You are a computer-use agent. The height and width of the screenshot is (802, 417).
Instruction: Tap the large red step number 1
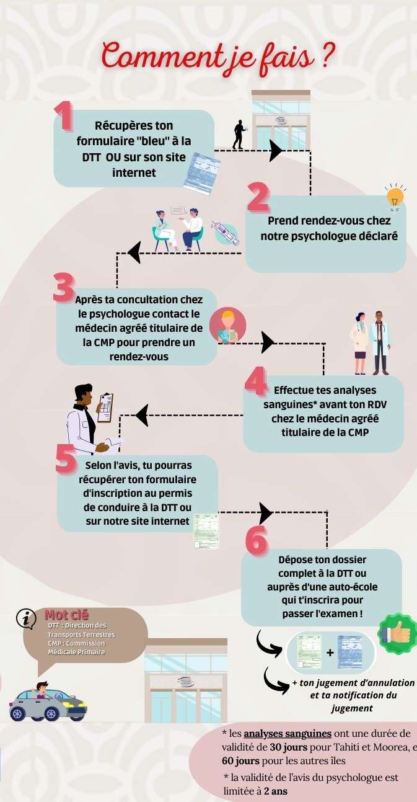[64, 116]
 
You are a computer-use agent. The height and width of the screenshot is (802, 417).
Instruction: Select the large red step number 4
[256, 381]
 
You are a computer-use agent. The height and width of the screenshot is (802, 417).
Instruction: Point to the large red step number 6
[256, 540]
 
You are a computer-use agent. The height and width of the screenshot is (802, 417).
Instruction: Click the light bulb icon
[395, 198]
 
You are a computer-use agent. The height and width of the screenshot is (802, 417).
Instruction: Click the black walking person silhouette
[239, 135]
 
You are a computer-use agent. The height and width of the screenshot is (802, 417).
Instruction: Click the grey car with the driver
[48, 703]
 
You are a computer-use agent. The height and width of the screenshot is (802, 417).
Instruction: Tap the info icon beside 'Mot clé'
[26, 618]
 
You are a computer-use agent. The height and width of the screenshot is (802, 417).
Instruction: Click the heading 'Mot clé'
[66, 615]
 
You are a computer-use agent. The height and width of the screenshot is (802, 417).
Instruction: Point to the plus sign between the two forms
[330, 653]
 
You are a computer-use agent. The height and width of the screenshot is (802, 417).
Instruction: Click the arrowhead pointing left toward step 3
[134, 252]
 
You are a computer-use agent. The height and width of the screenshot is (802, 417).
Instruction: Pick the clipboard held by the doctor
[105, 408]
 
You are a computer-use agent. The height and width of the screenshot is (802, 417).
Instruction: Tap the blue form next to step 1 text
[201, 174]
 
